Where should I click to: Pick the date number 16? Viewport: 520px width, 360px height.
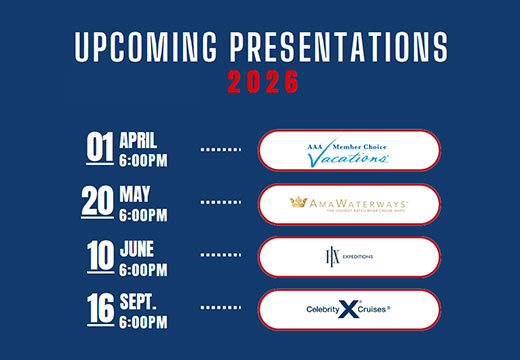coord(98,308)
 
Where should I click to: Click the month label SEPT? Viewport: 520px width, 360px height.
coord(138,299)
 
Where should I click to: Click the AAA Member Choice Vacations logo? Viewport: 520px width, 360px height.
coord(348,151)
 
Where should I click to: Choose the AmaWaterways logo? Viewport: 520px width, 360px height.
coord(348,204)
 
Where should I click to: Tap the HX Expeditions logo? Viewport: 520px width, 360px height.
coord(348,257)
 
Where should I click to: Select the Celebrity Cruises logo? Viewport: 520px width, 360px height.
coord(348,310)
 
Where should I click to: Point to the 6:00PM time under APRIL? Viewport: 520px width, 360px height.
coord(143,158)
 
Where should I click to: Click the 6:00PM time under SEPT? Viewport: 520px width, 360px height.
coord(143,320)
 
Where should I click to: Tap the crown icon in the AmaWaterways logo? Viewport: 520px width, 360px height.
coord(298,202)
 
